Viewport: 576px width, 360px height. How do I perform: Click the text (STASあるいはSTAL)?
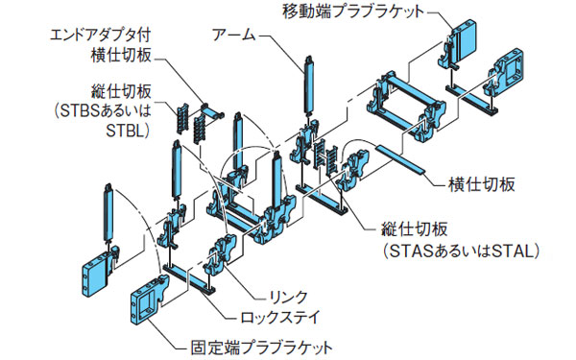[x=462, y=251]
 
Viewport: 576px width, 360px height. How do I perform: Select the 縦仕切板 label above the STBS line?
[x=114, y=93]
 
